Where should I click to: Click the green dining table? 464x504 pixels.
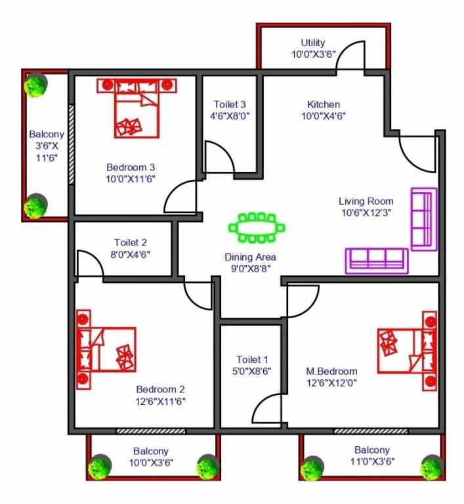(257, 228)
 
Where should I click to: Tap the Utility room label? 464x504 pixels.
(313, 43)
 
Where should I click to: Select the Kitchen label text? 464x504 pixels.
(324, 104)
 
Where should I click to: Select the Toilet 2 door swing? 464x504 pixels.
(89, 263)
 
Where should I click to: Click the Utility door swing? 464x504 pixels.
(350, 55)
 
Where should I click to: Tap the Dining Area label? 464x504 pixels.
(250, 257)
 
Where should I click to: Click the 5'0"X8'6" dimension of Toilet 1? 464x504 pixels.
(253, 370)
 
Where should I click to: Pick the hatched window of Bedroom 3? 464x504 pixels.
(71, 152)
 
